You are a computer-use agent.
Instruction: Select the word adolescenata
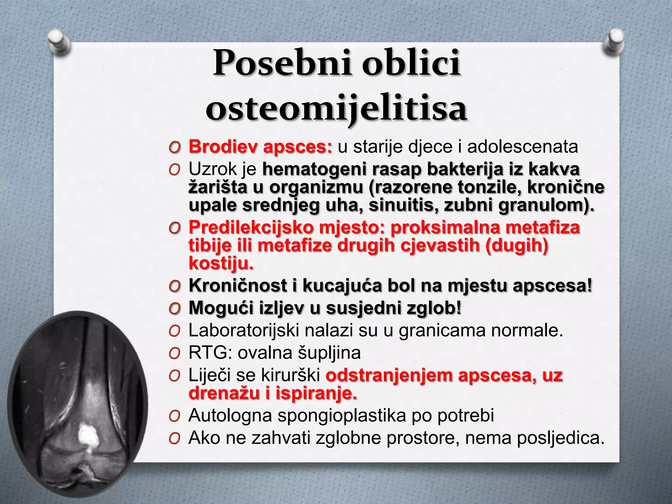pyautogui.click(x=522, y=147)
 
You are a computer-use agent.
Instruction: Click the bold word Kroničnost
pyautogui.click(x=238, y=285)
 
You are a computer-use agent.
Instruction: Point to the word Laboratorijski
pyautogui.click(x=243, y=330)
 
